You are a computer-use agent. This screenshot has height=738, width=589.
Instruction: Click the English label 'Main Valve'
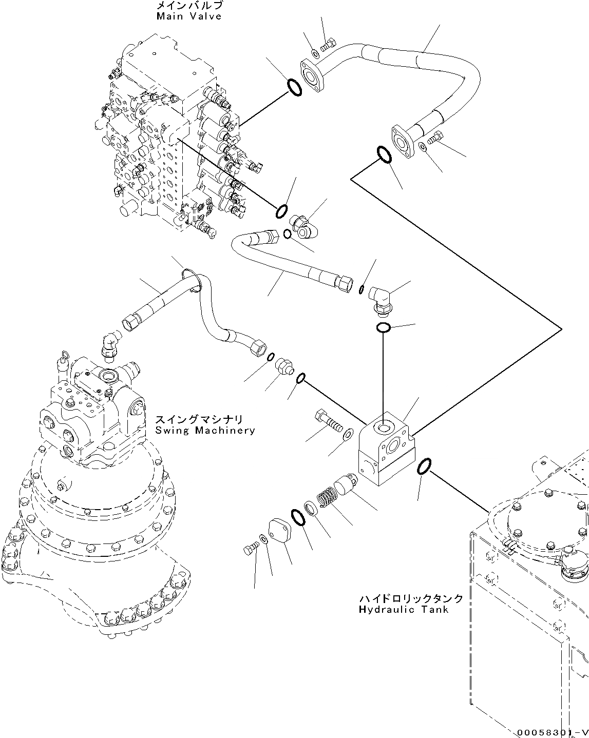tap(189, 16)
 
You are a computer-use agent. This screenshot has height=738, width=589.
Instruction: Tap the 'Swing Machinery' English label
tap(205, 431)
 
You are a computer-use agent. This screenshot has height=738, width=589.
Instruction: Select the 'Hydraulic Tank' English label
tap(404, 610)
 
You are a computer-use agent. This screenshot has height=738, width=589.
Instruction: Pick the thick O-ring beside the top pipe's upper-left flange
tap(293, 86)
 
